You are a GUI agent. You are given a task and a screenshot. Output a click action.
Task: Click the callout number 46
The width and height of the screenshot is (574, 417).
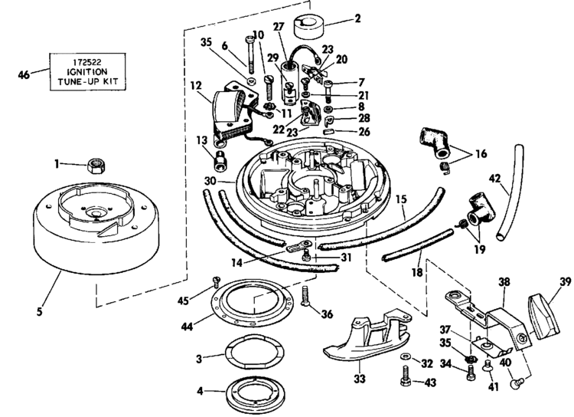pyautogui.click(x=24, y=74)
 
